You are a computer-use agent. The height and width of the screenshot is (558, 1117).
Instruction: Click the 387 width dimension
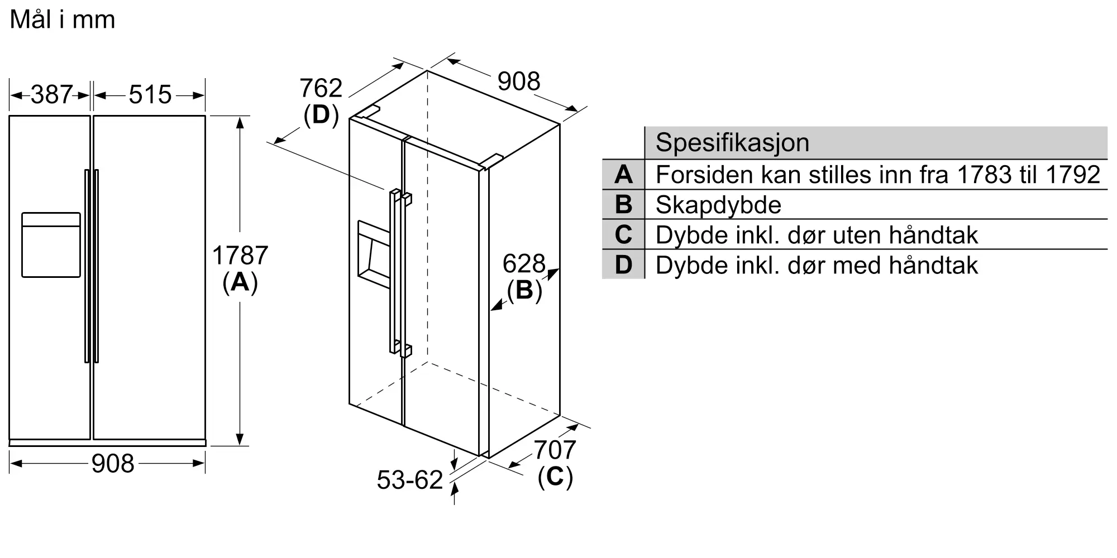point(51,95)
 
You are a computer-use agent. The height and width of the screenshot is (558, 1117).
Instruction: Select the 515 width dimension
point(150,95)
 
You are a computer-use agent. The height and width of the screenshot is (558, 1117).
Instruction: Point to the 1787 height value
point(240,256)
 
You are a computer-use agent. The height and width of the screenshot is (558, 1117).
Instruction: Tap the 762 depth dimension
point(321,88)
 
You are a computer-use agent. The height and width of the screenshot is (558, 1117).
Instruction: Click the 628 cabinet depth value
point(524,263)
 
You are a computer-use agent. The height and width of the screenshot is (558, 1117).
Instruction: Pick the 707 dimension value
point(555,450)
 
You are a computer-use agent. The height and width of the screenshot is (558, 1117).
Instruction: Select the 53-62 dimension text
point(410,480)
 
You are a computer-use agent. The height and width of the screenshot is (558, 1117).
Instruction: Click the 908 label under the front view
point(113,464)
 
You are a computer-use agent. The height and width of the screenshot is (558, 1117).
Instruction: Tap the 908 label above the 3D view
point(519,81)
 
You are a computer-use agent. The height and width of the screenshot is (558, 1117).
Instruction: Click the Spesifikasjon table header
point(732,143)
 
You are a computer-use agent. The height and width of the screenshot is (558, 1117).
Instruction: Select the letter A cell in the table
point(623,175)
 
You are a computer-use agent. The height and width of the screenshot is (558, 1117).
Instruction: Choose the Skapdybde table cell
point(718,205)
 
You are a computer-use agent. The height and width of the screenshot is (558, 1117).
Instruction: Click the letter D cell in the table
point(623,264)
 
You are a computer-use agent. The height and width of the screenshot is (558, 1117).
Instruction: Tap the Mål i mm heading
point(63,20)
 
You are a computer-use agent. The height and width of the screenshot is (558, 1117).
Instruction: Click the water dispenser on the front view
point(51,244)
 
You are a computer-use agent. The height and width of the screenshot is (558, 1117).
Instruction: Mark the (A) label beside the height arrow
point(240,283)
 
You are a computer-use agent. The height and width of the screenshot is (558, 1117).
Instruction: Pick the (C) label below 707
point(555,477)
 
